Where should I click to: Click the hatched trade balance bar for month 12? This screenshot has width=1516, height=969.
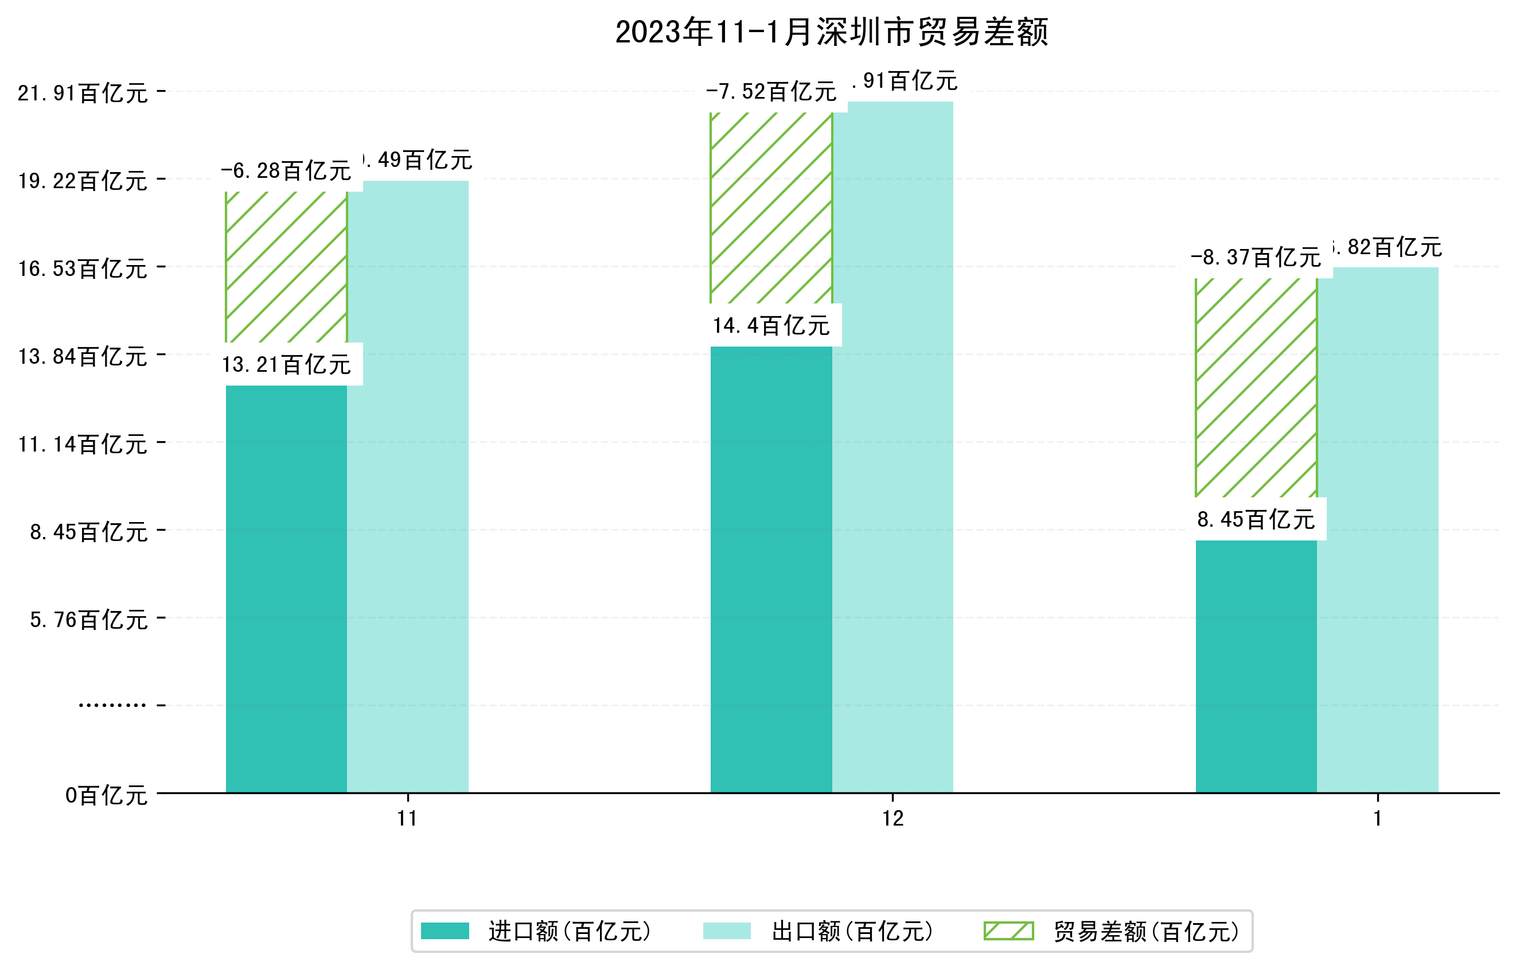[771, 208]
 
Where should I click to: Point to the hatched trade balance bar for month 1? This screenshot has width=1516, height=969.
[1256, 387]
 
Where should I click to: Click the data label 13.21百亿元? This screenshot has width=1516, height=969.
[286, 364]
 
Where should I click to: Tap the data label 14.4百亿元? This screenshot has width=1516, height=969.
[771, 325]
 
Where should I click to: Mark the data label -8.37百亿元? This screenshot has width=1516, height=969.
[1256, 258]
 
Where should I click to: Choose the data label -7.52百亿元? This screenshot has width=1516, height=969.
[771, 92]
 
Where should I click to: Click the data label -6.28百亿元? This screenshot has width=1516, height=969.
[286, 170]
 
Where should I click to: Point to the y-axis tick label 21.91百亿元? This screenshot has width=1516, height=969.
[83, 93]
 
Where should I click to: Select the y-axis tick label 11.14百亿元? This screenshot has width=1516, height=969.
[83, 445]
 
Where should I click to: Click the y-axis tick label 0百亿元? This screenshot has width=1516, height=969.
[106, 796]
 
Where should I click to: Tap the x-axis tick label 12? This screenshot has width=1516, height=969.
[893, 819]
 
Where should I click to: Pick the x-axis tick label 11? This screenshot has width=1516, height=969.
[408, 819]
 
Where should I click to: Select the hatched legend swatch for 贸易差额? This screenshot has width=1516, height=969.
[1008, 931]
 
